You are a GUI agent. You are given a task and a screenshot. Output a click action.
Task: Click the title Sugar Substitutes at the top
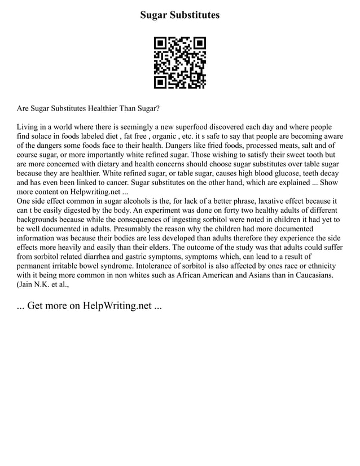[180, 15]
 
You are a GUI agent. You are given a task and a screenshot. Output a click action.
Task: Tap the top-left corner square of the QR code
[161, 43]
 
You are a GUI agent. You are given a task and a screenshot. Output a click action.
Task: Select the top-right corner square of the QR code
[199, 43]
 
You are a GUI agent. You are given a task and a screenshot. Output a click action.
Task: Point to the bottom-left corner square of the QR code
[161, 82]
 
